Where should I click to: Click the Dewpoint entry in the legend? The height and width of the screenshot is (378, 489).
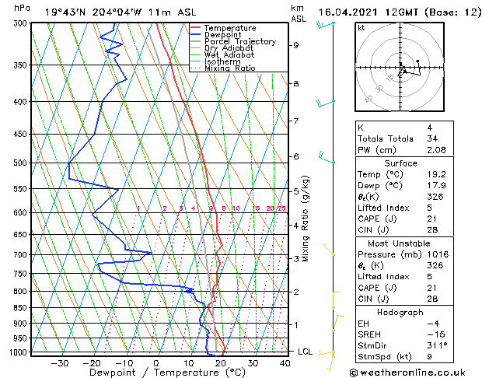pyautogui.click(x=229, y=35)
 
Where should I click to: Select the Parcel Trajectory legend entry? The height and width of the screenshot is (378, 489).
pyautogui.click(x=239, y=41)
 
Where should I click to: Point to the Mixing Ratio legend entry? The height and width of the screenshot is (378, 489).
pyautogui.click(x=231, y=68)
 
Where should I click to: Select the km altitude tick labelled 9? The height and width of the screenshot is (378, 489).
pyautogui.click(x=295, y=45)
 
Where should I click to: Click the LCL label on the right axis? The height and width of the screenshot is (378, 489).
pyautogui.click(x=306, y=352)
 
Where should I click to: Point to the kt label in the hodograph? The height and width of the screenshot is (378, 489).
pyautogui.click(x=362, y=28)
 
